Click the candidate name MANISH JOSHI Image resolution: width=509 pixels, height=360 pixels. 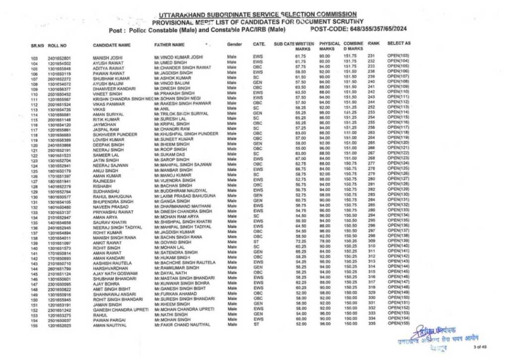(106, 58)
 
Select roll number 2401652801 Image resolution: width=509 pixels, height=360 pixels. (59, 59)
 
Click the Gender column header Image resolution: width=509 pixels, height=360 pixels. (234, 45)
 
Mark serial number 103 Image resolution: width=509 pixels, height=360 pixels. (34, 59)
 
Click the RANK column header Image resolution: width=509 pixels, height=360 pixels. (373, 44)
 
